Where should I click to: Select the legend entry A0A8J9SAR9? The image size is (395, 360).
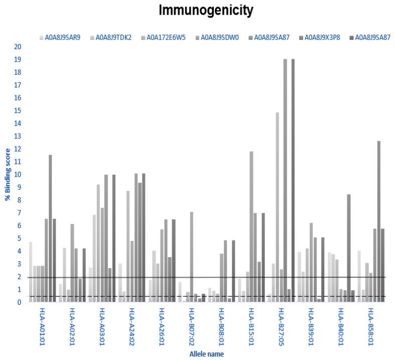pos(62,37)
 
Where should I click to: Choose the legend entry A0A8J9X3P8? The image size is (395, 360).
pos(321,37)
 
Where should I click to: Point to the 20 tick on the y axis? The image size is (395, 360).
pos(18,47)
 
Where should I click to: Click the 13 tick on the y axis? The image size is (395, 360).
pos(18,136)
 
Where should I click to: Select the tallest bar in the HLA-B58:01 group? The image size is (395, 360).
pos(379,221)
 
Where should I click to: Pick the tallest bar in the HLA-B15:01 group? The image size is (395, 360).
pos(251,226)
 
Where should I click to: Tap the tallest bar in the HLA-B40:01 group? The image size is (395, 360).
pos(349,248)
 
